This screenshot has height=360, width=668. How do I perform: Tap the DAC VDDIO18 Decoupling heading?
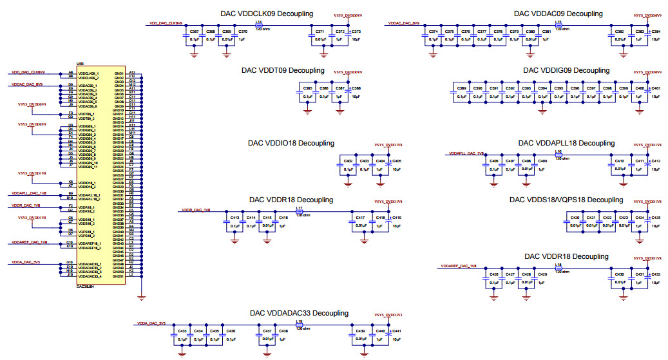[x=292, y=143]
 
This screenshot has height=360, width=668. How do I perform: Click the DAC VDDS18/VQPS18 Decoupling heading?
[x=566, y=200]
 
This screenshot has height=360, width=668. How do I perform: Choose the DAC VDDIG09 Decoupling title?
[x=566, y=70]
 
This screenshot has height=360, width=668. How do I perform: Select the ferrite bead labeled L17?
[x=299, y=210]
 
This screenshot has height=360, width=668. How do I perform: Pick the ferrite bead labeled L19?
[x=299, y=323]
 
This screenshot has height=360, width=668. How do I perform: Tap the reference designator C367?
[x=195, y=32]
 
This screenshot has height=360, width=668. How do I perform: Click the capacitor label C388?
[x=356, y=88]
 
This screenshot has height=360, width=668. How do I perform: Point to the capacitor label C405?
[x=397, y=161]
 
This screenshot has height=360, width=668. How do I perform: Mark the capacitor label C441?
[x=397, y=331]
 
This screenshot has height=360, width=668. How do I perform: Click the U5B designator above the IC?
[x=81, y=63]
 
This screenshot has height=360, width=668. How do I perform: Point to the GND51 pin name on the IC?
[x=118, y=276]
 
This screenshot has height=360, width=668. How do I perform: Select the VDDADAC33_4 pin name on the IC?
[x=90, y=276]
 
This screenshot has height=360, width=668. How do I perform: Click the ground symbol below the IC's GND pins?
[x=142, y=297]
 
